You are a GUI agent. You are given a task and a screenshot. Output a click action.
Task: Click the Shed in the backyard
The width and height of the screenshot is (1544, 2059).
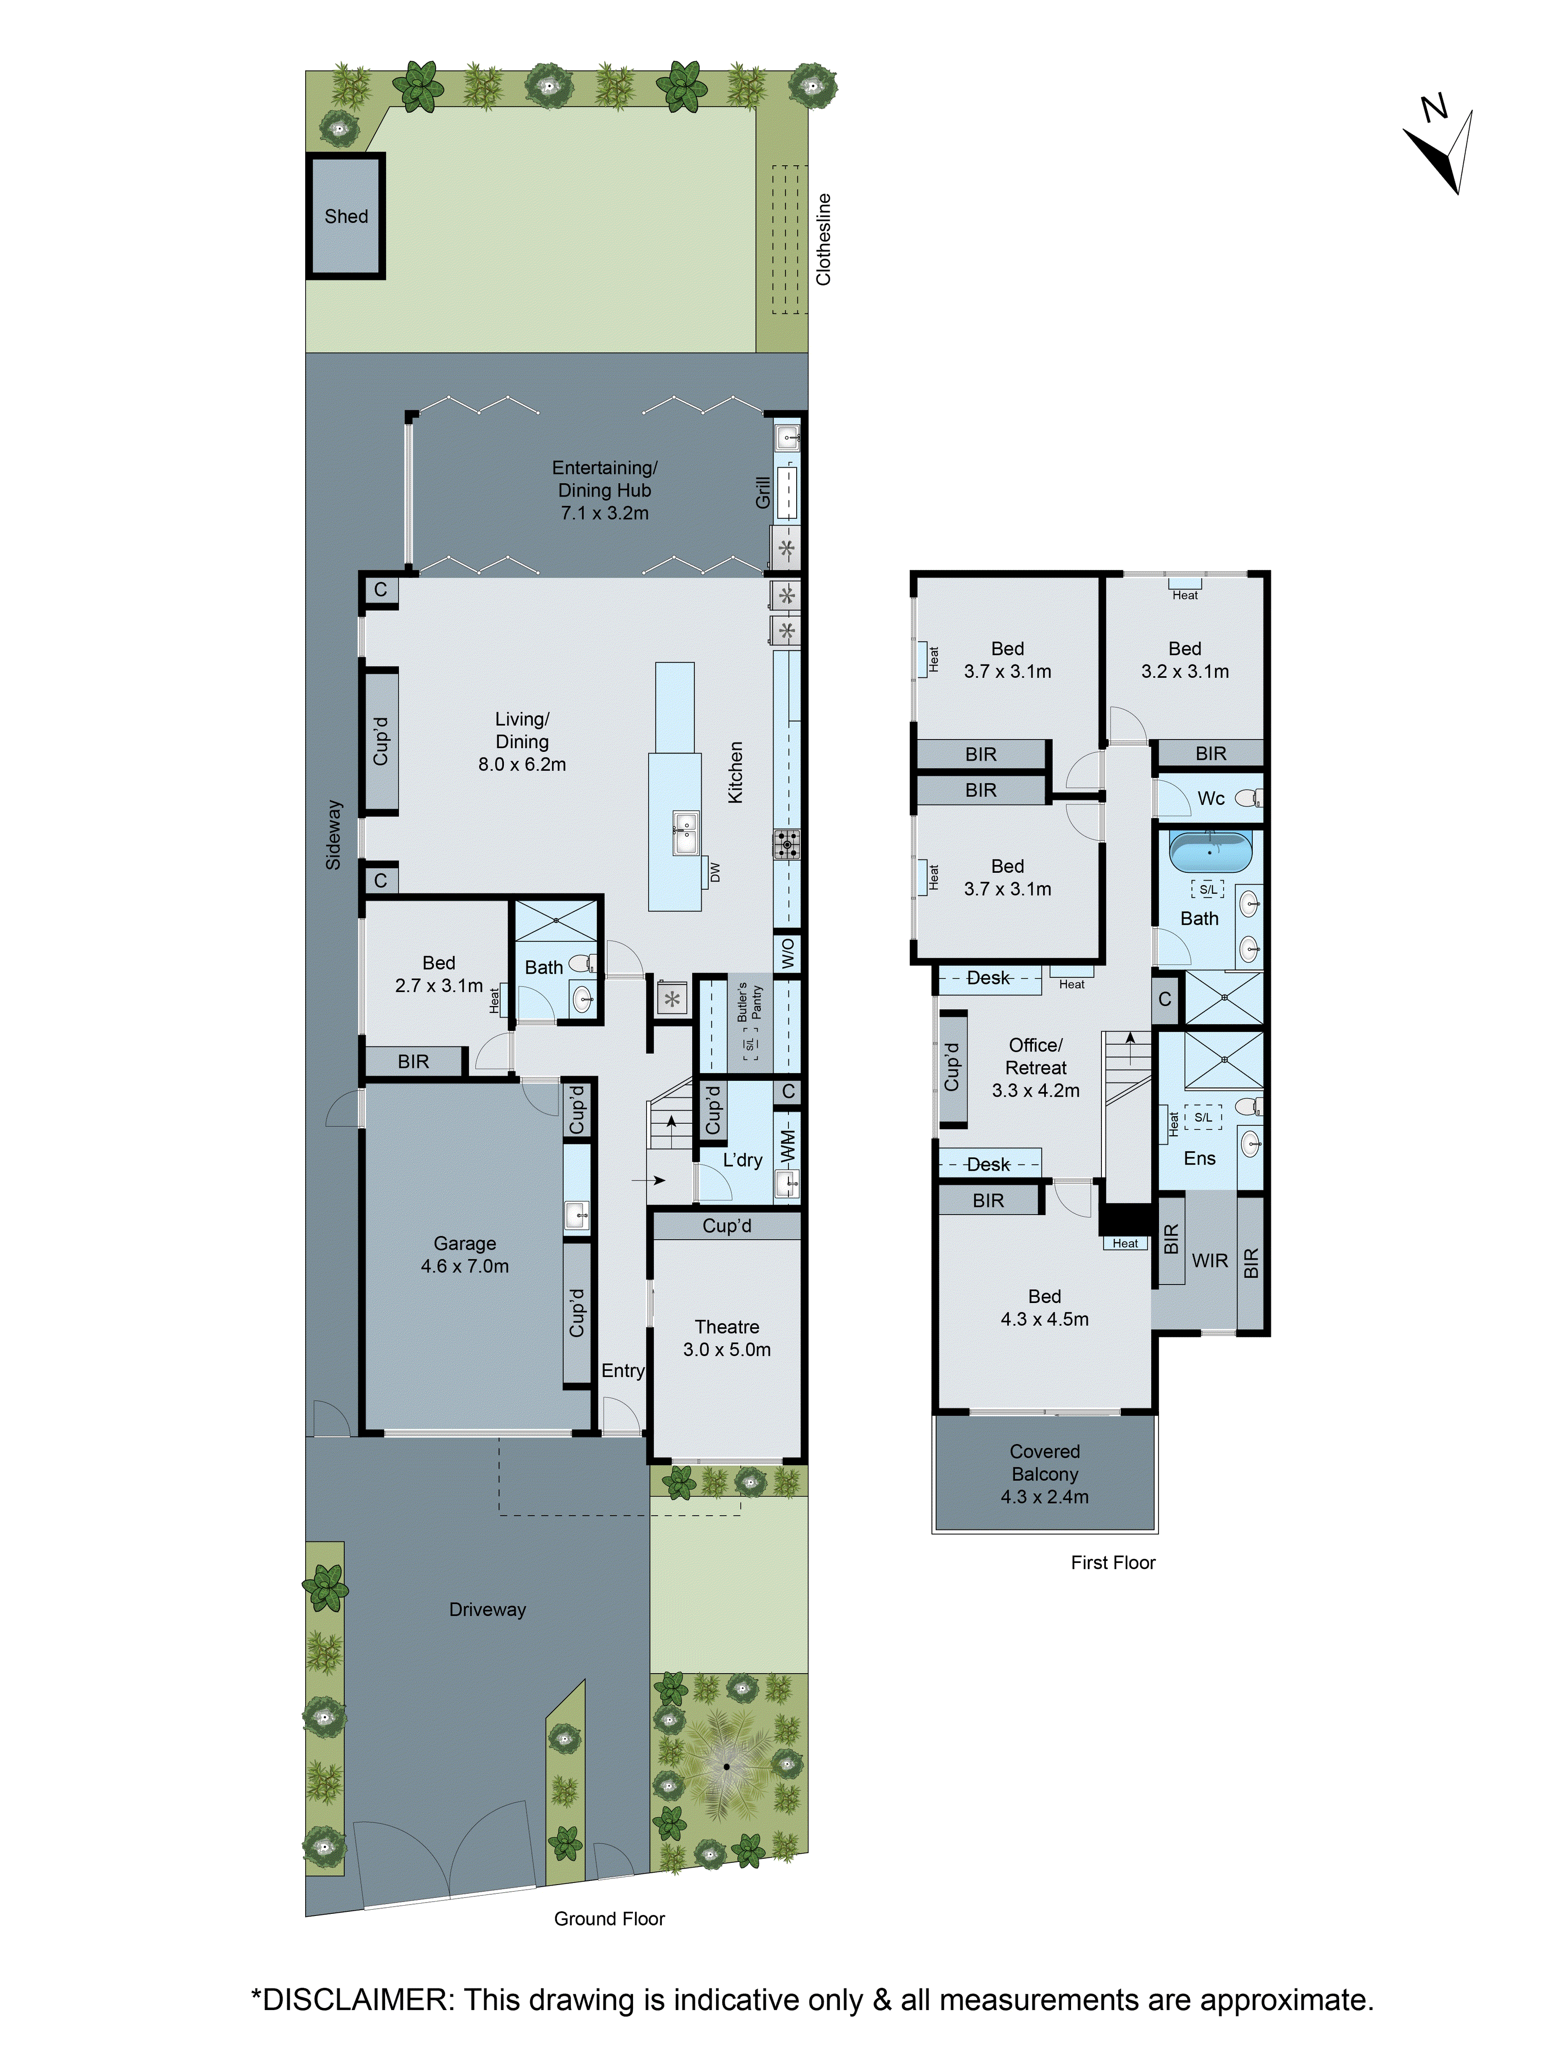pyautogui.click(x=345, y=216)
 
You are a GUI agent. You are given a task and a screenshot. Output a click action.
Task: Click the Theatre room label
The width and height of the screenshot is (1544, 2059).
pyautogui.click(x=727, y=1338)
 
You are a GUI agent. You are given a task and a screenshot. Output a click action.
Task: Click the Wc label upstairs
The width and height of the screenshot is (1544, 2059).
pyautogui.click(x=1211, y=798)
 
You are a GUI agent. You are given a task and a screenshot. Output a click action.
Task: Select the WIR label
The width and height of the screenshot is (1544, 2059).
pyautogui.click(x=1210, y=1260)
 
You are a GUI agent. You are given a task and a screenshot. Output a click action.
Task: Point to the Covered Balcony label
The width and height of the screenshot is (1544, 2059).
pyautogui.click(x=1044, y=1473)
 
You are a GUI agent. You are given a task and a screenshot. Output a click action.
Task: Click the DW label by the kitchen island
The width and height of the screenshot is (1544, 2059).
pyautogui.click(x=715, y=872)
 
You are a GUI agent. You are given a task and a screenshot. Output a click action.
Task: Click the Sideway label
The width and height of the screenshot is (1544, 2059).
pyautogui.click(x=333, y=834)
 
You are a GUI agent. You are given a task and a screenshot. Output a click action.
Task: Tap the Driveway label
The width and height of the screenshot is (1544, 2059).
pyautogui.click(x=487, y=1609)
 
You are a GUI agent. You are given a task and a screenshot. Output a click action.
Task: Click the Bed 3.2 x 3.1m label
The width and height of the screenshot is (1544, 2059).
pyautogui.click(x=1185, y=659)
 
